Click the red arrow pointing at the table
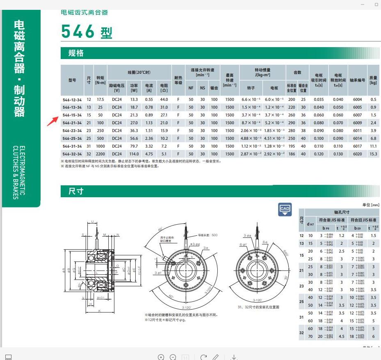[x=52, y=121]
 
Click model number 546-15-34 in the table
[x=72, y=115]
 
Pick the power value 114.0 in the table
[x=134, y=154]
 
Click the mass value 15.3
[x=373, y=154]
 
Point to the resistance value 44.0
[x=164, y=99]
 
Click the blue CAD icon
[x=285, y=209]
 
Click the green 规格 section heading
[x=76, y=53]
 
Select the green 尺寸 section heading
[x=76, y=191]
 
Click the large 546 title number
[x=78, y=32]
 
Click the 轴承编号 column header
[x=357, y=80]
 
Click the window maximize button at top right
[x=376, y=4]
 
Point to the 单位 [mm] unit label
[x=371, y=205]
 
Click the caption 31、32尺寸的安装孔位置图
[x=258, y=307]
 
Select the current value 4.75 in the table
[x=149, y=154]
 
